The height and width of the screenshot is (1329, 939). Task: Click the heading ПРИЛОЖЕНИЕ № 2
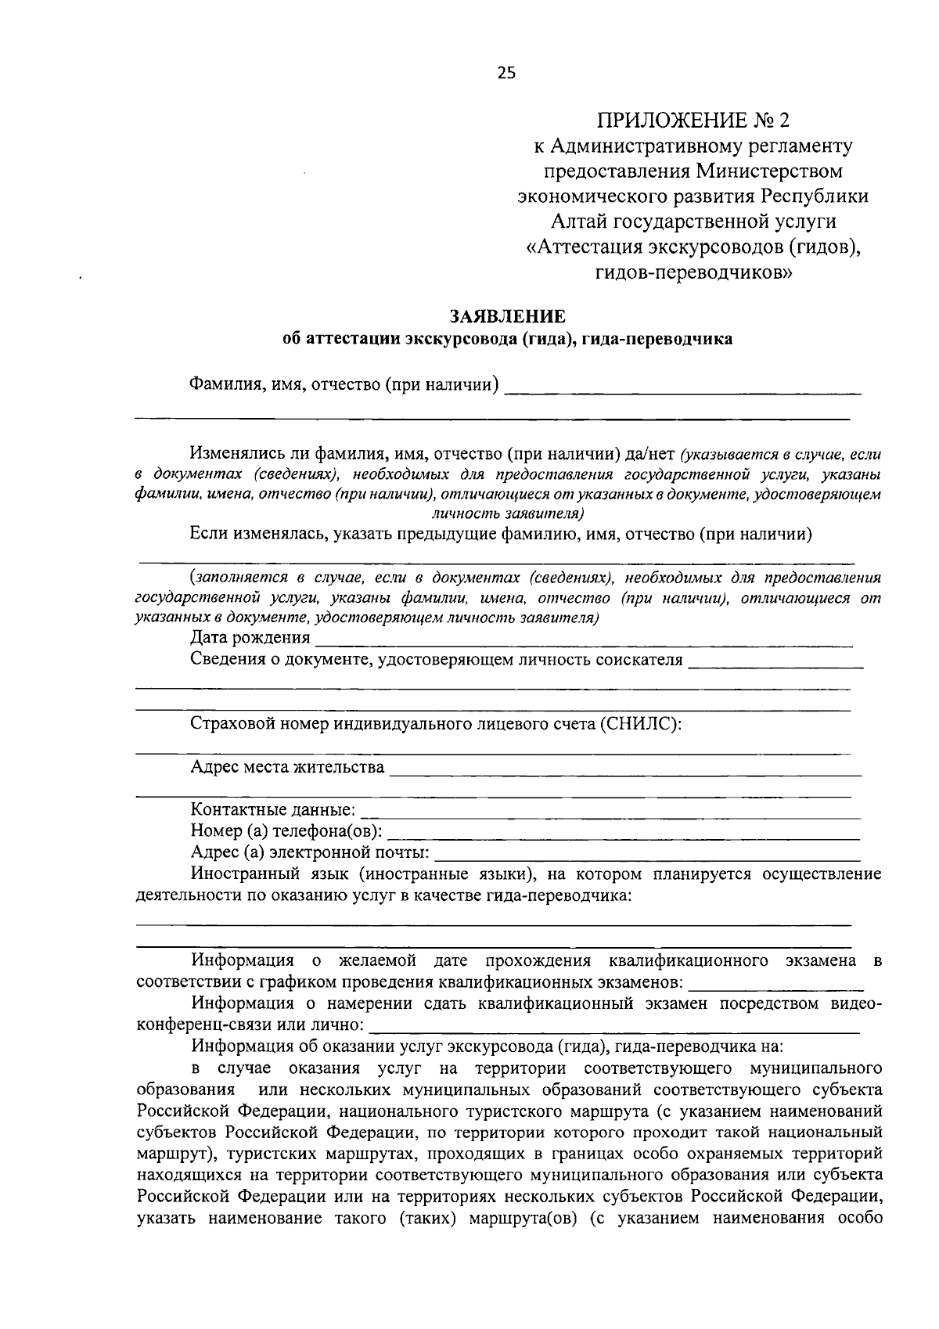coord(693,121)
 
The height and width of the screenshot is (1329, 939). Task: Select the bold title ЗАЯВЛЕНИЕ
coord(506,316)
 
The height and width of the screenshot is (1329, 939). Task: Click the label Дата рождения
coord(250,638)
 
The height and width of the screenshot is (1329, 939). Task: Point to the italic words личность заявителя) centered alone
coord(508,513)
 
